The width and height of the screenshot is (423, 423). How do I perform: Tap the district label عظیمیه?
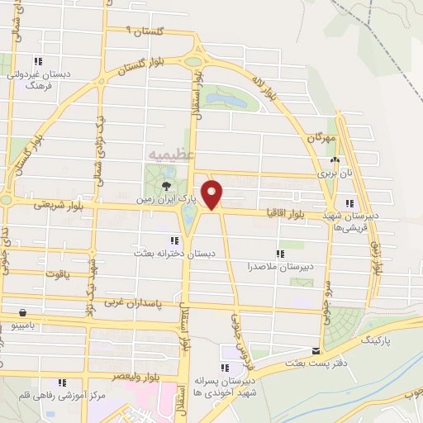172,154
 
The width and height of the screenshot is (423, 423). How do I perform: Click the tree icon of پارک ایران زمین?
168,185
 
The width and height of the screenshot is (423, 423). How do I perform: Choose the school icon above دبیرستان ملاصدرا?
279,253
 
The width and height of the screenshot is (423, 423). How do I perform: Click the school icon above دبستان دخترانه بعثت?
173,240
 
